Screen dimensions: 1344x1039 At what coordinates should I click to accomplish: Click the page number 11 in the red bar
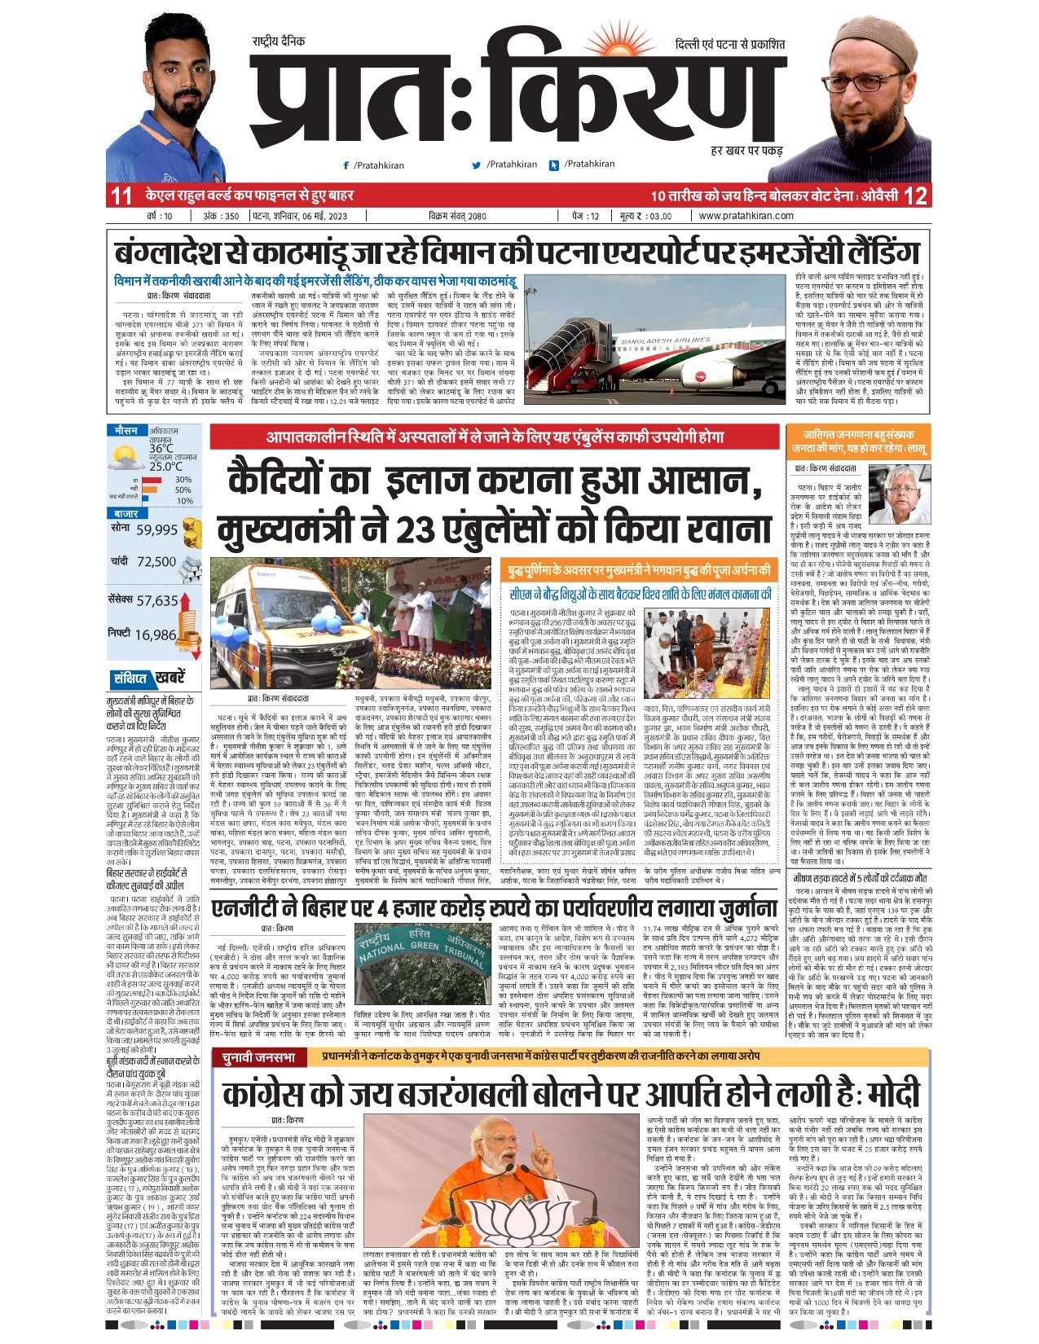tap(121, 196)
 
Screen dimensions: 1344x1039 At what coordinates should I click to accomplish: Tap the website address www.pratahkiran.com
tap(746, 216)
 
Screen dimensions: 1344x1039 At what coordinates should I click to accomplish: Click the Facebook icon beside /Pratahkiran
tap(347, 165)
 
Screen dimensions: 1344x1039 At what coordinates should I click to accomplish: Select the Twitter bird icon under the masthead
tap(477, 165)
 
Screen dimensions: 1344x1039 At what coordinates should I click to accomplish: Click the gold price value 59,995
tap(157, 529)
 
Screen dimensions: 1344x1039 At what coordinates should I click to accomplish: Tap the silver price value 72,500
tap(156, 562)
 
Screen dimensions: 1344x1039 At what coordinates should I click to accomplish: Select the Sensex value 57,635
tap(157, 601)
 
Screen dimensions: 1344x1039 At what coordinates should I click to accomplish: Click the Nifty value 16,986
tap(156, 635)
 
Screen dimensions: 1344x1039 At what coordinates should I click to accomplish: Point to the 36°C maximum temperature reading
tap(161, 449)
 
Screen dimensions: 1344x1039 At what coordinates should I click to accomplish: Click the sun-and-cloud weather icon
tap(126, 459)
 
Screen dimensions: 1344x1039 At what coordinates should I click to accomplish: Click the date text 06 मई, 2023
tap(314, 216)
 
